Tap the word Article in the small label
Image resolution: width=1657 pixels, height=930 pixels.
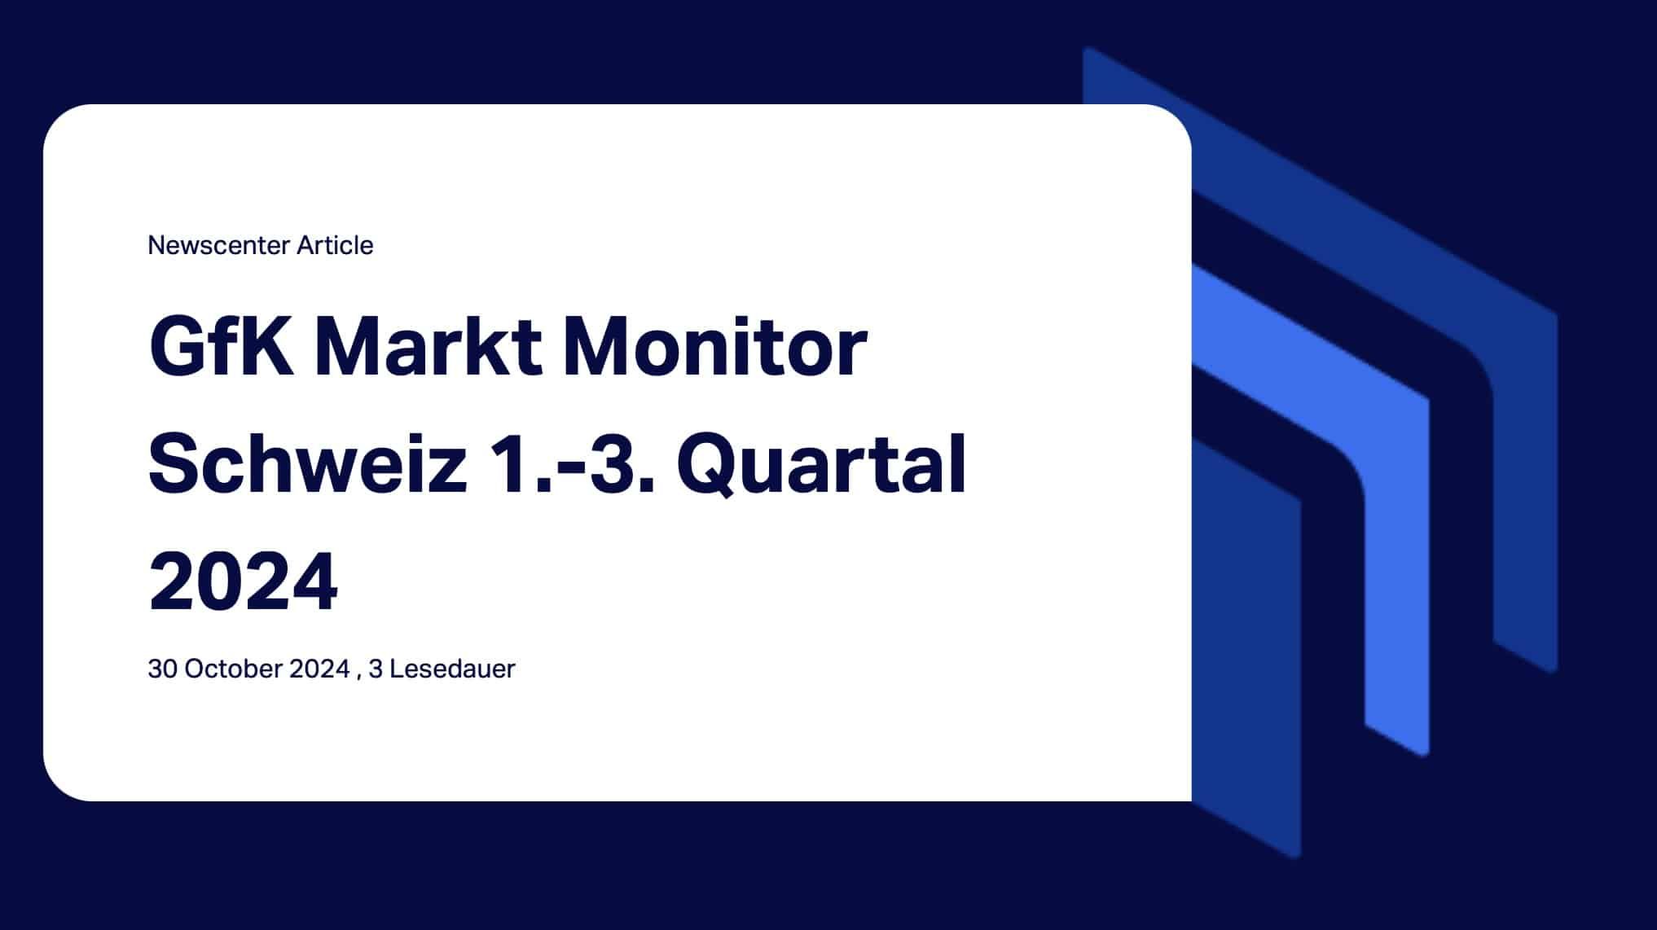click(x=335, y=245)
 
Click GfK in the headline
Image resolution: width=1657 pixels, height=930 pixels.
click(x=221, y=346)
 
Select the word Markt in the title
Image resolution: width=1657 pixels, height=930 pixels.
click(x=429, y=346)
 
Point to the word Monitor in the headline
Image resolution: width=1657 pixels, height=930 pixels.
click(x=714, y=346)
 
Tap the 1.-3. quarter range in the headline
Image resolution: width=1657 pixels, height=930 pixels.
click(x=575, y=463)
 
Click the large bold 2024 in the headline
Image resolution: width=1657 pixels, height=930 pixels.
click(x=243, y=581)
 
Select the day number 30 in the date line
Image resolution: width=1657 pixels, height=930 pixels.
click(x=162, y=669)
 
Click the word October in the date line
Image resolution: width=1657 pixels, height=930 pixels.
click(x=234, y=669)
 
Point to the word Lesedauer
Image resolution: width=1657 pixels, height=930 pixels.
click(x=452, y=669)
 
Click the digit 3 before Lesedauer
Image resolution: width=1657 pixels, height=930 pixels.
click(x=376, y=669)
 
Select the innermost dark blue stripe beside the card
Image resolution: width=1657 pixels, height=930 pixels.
click(x=1271, y=651)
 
